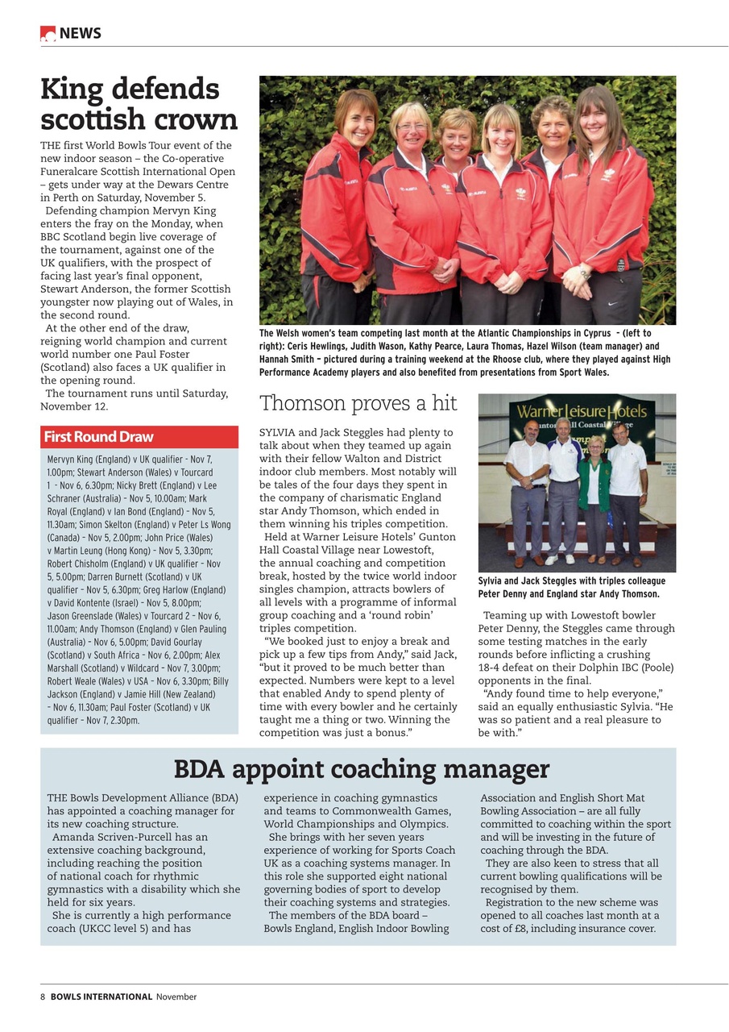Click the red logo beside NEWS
[48, 33]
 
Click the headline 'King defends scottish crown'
[139, 104]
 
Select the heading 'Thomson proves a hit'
[358, 403]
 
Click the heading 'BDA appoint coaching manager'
[361, 768]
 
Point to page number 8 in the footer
[43, 997]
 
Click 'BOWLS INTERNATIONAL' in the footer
[101, 997]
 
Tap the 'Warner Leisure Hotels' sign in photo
[576, 412]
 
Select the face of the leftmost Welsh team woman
[357, 118]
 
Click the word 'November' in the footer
[176, 997]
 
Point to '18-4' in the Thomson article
[492, 668]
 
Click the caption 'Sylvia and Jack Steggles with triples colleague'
[571, 580]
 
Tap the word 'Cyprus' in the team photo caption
[591, 333]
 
